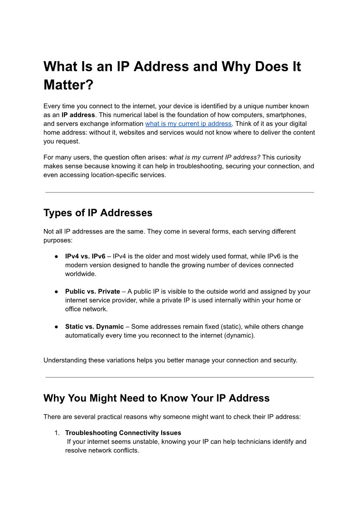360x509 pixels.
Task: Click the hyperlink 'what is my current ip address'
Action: [x=188, y=124]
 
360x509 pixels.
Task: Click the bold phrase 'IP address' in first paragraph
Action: [x=78, y=115]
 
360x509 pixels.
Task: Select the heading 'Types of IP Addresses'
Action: [x=98, y=213]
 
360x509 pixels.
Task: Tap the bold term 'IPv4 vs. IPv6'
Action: [x=85, y=257]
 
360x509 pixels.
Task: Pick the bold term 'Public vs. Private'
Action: [x=92, y=291]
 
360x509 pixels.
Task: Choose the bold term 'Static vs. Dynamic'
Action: [x=94, y=327]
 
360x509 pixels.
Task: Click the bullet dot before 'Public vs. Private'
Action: [x=57, y=292]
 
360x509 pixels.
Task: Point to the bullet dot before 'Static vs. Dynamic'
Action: [x=57, y=327]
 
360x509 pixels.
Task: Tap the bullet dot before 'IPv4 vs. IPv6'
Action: [x=57, y=257]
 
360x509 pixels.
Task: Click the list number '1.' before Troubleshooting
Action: [x=58, y=433]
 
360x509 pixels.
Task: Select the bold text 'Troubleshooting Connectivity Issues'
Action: [x=123, y=433]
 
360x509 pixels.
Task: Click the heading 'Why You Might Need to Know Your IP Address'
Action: [x=156, y=398]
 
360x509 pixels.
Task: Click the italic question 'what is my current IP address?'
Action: [x=215, y=157]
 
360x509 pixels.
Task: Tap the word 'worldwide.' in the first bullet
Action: [x=81, y=274]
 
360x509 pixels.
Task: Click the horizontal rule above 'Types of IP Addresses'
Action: [x=180, y=192]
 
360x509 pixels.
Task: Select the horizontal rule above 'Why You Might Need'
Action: [x=180, y=377]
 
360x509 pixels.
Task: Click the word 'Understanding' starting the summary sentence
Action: [x=64, y=360]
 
